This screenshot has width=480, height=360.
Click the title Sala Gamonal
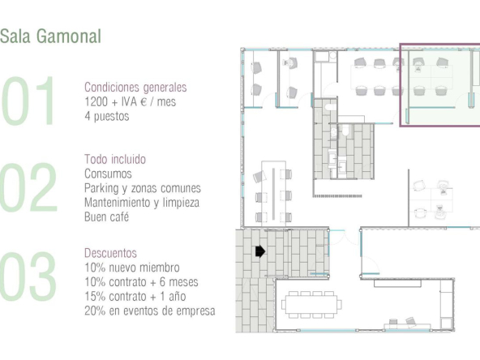click(50, 36)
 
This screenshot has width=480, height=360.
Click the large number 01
click(28, 101)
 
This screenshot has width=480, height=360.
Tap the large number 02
click(28, 187)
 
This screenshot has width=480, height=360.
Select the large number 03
click(28, 276)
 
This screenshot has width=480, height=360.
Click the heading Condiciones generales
click(135, 88)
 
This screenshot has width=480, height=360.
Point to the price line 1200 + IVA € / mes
click(130, 101)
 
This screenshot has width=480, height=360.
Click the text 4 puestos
click(107, 116)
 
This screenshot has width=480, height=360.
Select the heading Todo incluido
click(115, 159)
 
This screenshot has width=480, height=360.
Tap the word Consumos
click(108, 174)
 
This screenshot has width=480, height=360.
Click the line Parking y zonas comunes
click(143, 188)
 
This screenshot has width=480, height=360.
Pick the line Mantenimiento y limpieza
click(142, 203)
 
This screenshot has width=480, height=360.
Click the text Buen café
click(106, 216)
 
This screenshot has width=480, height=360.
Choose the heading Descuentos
click(110, 253)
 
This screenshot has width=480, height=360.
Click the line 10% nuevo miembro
click(132, 268)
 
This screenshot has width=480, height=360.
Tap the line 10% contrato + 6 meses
click(141, 282)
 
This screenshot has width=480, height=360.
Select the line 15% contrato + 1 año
click(135, 296)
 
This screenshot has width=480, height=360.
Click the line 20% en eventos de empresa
click(150, 311)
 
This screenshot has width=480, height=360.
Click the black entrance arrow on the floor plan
click(260, 251)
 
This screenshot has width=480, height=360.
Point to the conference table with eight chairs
click(311, 304)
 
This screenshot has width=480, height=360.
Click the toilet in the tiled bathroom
click(345, 131)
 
